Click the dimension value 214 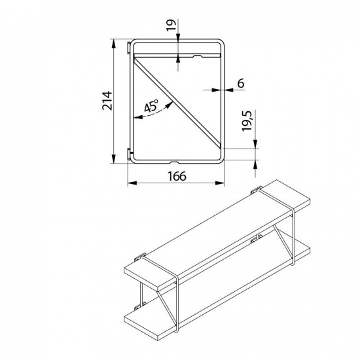107,101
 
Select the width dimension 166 177,176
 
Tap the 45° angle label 151,106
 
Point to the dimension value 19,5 247,121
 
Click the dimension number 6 240,83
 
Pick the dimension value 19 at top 171,25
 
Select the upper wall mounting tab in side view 129,48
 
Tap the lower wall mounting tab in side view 129,154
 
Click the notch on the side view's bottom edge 175,162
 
